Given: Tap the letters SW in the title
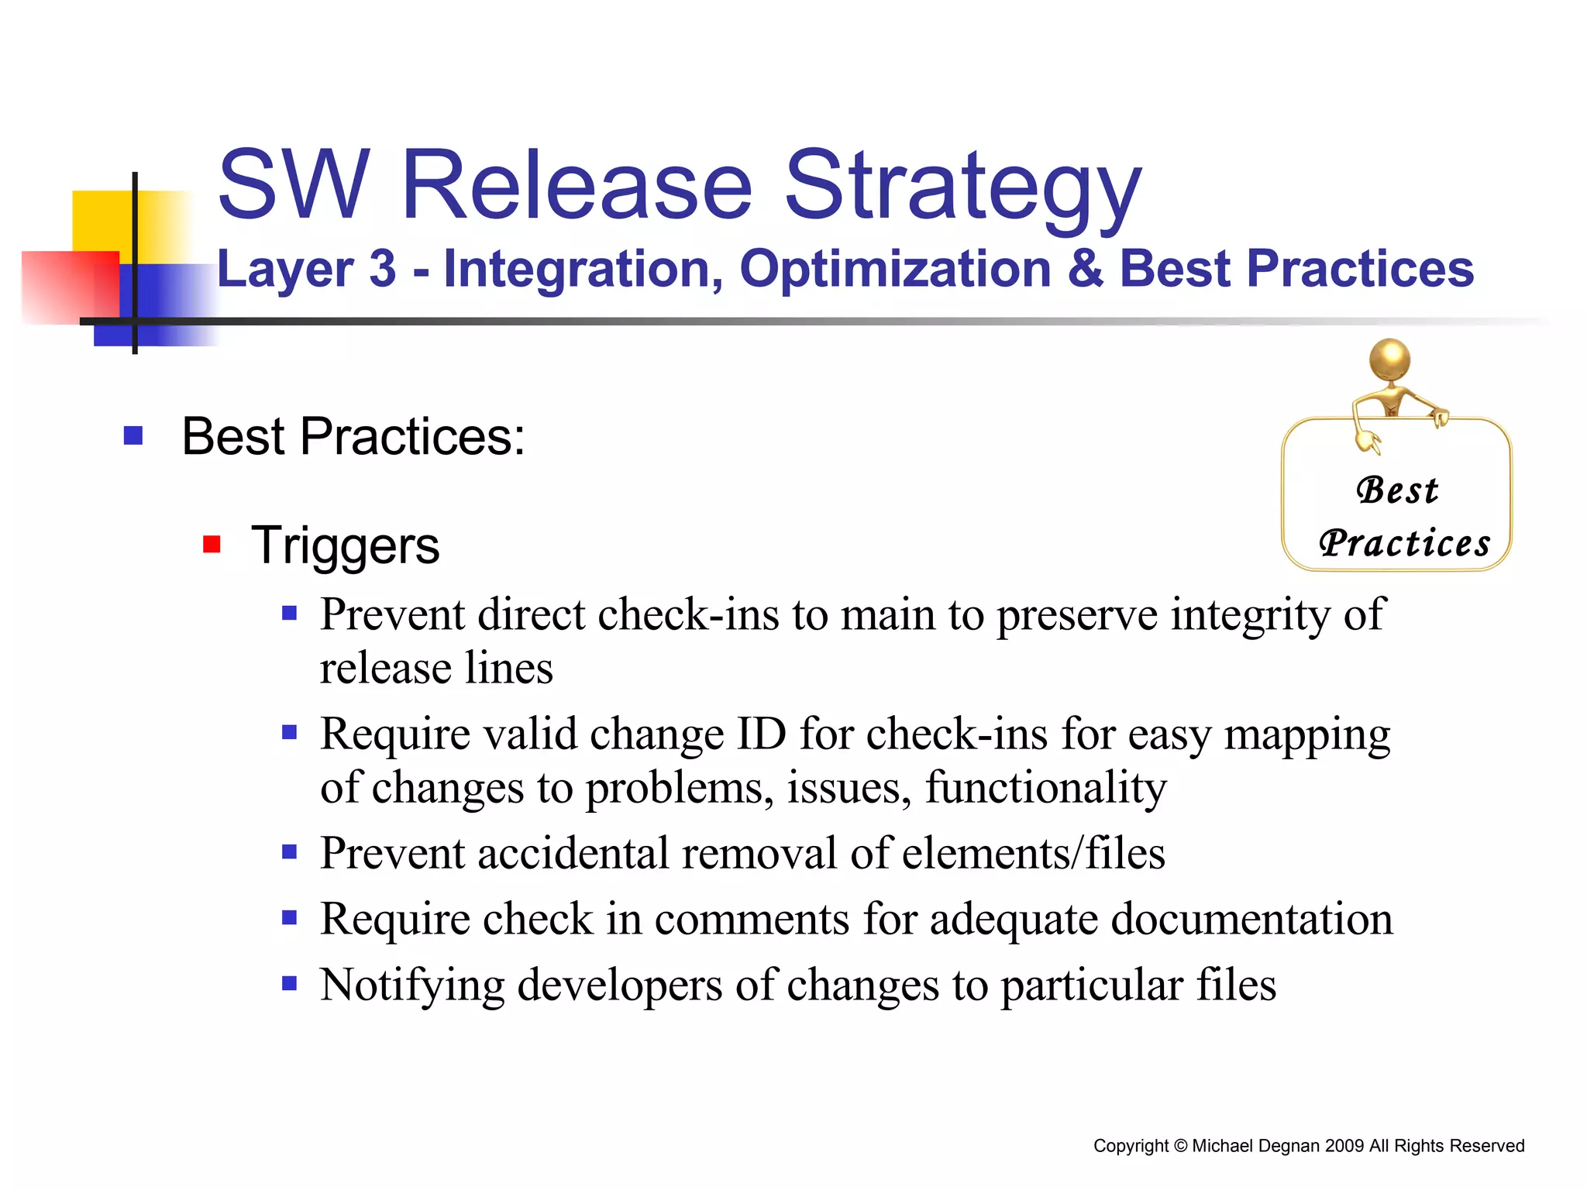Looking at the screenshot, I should (293, 186).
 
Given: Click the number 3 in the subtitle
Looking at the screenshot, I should (383, 269).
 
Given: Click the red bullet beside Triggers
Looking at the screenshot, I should (212, 545).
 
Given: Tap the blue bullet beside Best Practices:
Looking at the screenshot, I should (133, 435).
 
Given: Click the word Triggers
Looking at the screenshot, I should (345, 545).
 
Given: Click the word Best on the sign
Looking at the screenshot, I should (1397, 490).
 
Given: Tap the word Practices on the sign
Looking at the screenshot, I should (1404, 543).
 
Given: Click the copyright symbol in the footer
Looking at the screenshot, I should (1180, 1146).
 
